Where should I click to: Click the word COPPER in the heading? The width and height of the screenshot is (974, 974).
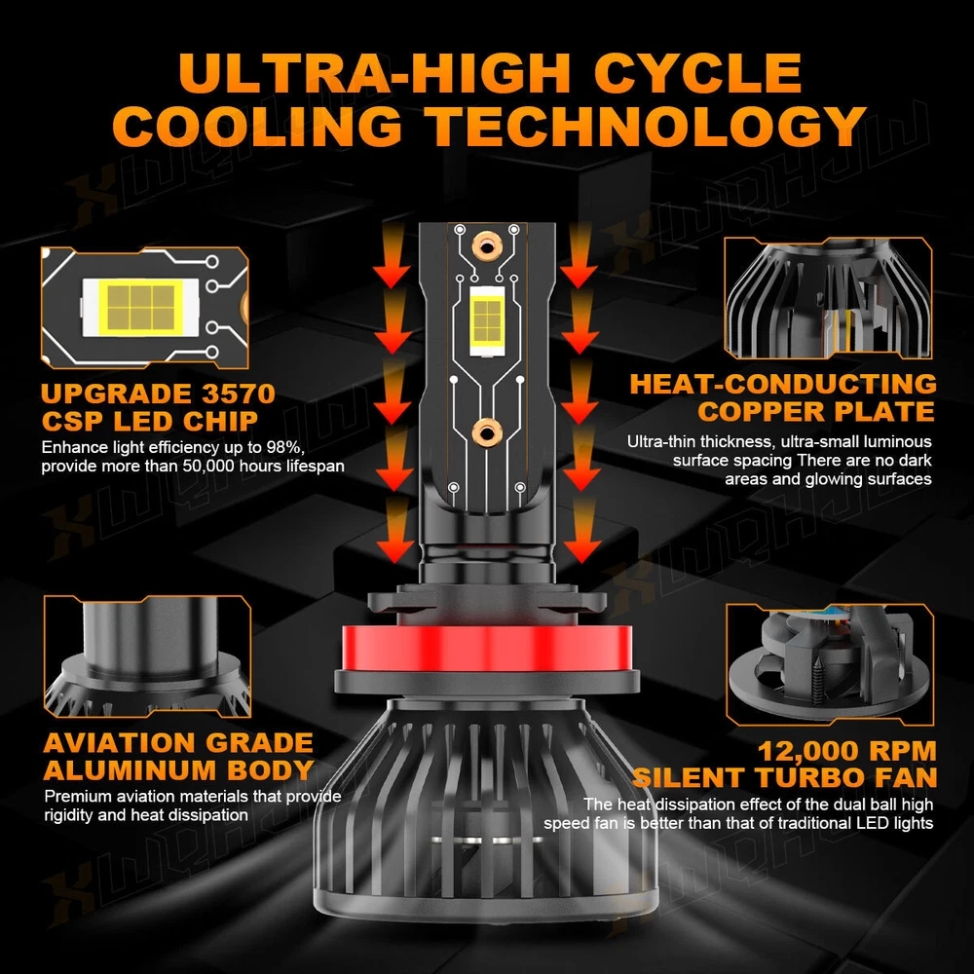[762, 411]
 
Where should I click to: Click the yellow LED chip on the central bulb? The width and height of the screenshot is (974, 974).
[487, 320]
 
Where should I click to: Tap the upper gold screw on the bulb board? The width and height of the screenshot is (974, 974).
[487, 247]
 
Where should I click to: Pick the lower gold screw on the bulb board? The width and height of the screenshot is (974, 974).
[486, 432]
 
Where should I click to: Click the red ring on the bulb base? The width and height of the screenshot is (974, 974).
[488, 649]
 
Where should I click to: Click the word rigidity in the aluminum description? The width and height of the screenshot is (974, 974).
[69, 815]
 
